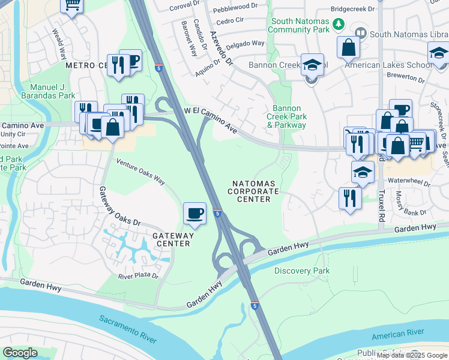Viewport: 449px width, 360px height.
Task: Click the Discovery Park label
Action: (302, 271)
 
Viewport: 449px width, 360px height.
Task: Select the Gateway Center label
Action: (171, 239)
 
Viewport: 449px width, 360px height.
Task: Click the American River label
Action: (397, 332)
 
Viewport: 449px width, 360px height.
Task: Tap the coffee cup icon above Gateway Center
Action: (195, 214)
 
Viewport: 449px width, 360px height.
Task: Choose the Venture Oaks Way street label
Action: (140, 171)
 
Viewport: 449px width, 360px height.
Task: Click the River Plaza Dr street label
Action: (138, 277)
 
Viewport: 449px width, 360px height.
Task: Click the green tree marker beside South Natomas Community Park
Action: (339, 24)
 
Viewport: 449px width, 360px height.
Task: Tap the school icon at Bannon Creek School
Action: (312, 65)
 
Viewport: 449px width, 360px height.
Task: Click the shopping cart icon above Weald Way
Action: (72, 6)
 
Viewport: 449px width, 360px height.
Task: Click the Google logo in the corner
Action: (20, 353)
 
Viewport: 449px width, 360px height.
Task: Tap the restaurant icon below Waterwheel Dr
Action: (350, 198)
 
